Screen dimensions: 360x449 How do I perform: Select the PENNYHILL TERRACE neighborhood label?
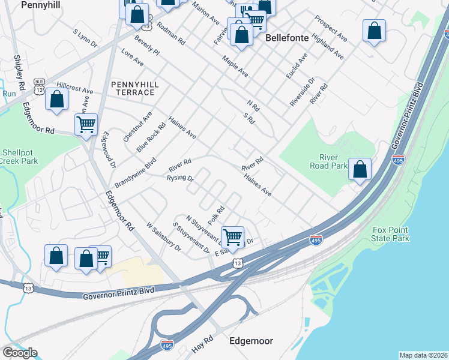point(135,88)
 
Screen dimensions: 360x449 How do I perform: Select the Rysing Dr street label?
point(180,178)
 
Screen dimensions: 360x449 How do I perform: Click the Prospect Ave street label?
point(334,29)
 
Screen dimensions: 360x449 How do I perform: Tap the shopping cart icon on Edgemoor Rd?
point(86,125)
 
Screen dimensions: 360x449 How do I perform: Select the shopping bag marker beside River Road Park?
point(360,169)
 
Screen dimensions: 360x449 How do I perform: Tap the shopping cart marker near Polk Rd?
point(232,236)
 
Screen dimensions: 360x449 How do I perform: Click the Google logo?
point(20,353)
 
